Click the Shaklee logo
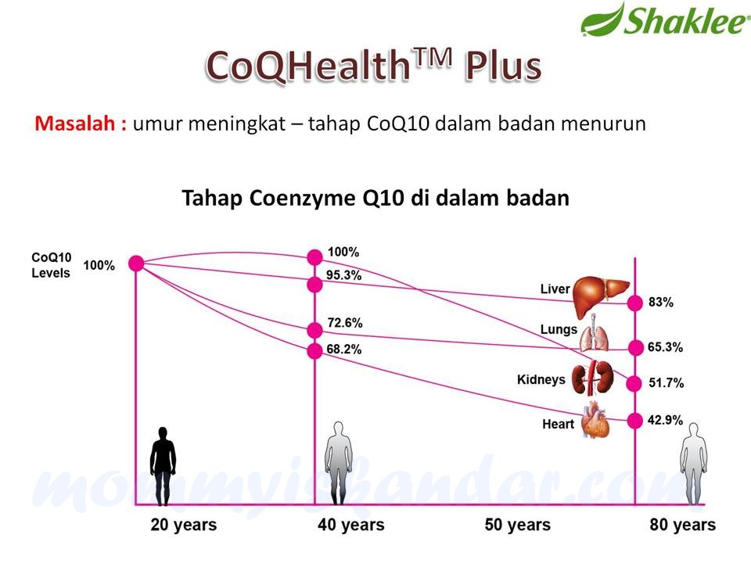[x=664, y=20]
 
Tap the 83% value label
[x=661, y=303]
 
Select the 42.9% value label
[x=665, y=421]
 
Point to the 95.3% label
[x=344, y=275]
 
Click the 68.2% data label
[x=344, y=350]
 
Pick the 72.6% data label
[x=344, y=322]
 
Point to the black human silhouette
[x=163, y=466]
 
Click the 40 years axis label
[x=350, y=525]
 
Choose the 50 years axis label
[x=517, y=525]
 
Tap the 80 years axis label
[x=682, y=525]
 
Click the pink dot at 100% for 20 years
[x=136, y=264]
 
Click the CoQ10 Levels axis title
[x=51, y=265]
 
